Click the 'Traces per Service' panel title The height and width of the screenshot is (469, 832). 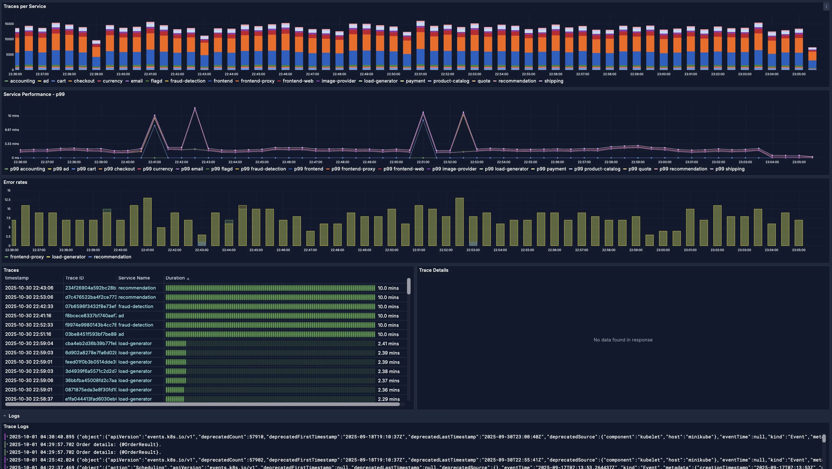point(25,6)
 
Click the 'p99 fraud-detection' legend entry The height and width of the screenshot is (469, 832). point(263,169)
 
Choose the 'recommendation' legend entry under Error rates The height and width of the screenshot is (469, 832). point(112,257)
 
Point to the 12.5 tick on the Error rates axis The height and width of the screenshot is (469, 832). point(7,200)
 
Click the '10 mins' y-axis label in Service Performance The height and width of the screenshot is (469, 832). point(13,116)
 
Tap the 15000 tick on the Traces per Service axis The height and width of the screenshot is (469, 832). point(9,24)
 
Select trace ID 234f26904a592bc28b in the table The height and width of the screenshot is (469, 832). point(90,288)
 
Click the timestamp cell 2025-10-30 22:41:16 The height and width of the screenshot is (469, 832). point(28,316)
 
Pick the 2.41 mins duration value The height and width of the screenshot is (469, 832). point(388,344)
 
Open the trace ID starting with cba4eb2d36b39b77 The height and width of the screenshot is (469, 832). point(90,344)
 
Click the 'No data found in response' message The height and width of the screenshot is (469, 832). point(623,340)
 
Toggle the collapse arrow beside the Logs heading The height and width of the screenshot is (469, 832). point(5,416)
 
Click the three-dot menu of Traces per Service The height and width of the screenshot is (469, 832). point(826,6)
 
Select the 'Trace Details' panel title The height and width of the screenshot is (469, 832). point(433,270)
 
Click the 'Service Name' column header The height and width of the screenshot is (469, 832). point(134,278)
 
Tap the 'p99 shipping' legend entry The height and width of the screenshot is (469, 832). point(730,169)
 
